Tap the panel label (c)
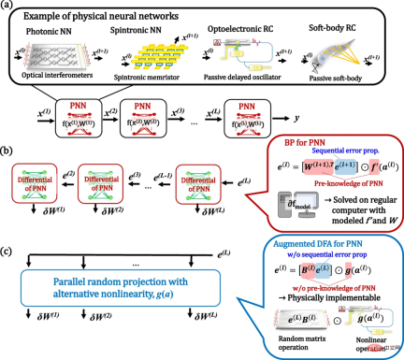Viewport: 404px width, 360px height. coord(7,223)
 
